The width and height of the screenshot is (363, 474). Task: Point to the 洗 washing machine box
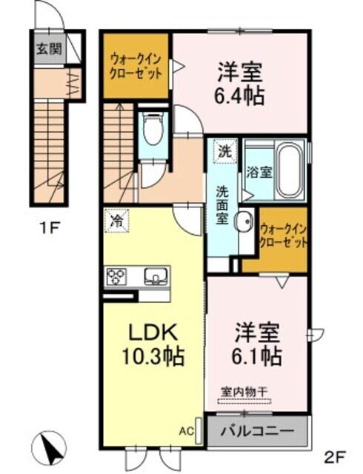coord(224,151)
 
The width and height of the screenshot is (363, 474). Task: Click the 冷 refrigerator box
coord(117,221)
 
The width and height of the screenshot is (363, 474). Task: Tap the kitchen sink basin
coord(156,277)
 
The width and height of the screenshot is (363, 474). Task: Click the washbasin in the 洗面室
coord(243,221)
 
